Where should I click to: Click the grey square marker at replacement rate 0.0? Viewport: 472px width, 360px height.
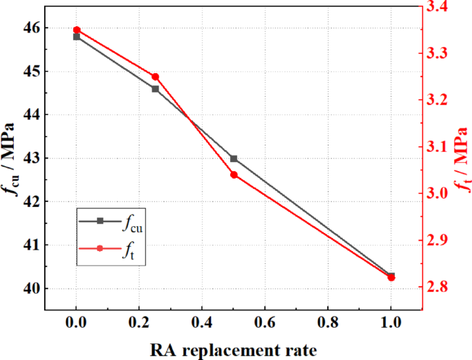pyautogui.click(x=76, y=37)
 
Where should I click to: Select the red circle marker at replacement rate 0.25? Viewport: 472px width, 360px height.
pyautogui.click(x=155, y=77)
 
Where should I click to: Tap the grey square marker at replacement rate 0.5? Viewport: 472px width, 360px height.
pyautogui.click(x=234, y=159)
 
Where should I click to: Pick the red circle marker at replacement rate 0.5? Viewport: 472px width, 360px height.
pyautogui.click(x=234, y=174)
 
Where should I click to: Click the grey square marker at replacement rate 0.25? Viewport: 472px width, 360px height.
pyautogui.click(x=155, y=89)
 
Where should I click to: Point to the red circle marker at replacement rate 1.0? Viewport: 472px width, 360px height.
pyautogui.click(x=391, y=277)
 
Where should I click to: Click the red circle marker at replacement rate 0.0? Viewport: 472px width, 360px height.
pyautogui.click(x=76, y=30)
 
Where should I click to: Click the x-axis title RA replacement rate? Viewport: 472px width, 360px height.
pyautogui.click(x=234, y=350)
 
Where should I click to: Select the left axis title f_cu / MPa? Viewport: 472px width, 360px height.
pyautogui.click(x=10, y=159)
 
